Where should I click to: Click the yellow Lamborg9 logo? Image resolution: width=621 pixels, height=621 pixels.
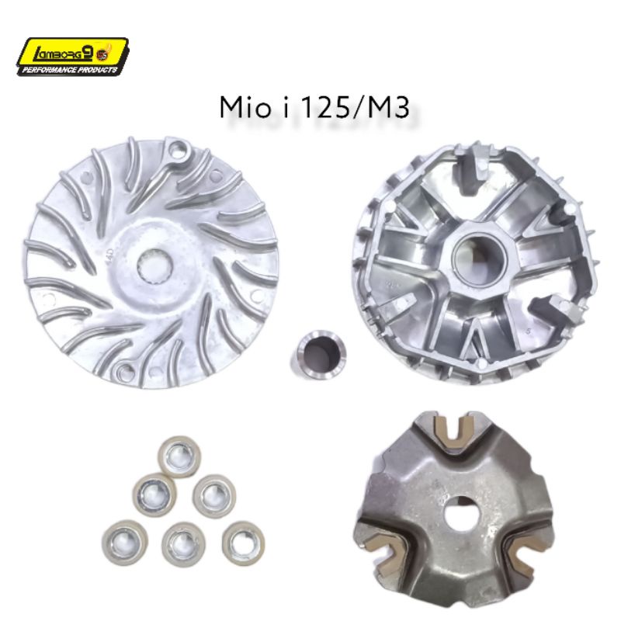click(72, 56)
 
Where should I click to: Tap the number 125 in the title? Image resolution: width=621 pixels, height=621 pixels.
click(325, 107)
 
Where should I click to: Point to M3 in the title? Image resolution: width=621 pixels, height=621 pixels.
click(388, 107)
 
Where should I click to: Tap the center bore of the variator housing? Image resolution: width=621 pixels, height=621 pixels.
click(480, 258)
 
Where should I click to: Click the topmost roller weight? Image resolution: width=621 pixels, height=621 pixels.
click(179, 457)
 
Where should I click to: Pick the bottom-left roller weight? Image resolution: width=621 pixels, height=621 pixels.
click(125, 542)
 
